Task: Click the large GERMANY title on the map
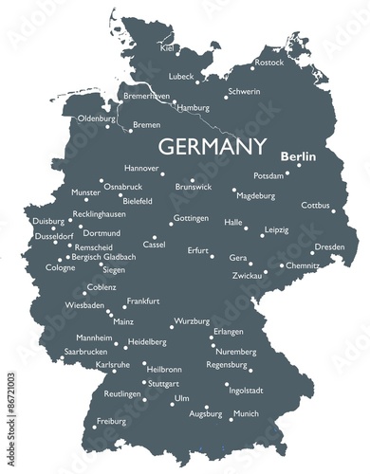[212, 146]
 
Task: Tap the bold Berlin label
[299, 156]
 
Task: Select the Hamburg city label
[194, 108]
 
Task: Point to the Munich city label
[246, 413]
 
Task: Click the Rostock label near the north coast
[269, 63]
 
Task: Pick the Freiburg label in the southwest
[111, 421]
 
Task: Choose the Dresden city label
[329, 246]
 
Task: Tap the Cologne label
[61, 267]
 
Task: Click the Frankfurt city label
[143, 301]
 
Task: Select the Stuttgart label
[163, 383]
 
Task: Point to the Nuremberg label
[236, 352]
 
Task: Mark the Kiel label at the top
[168, 47]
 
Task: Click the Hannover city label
[141, 168]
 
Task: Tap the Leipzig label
[276, 229]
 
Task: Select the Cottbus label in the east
[316, 205]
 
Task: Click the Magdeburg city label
[255, 195]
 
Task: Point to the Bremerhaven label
[147, 96]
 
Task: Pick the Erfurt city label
[197, 250]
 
